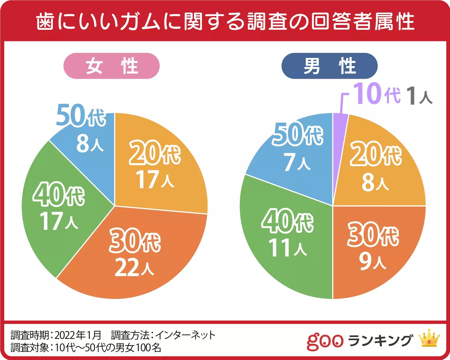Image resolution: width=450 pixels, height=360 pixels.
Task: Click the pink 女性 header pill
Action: click(x=111, y=66)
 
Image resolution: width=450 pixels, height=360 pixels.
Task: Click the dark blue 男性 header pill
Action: click(x=330, y=66)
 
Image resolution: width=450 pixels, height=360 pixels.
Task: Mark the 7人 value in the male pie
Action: click(x=297, y=162)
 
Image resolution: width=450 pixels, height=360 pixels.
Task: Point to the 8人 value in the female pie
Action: click(x=90, y=143)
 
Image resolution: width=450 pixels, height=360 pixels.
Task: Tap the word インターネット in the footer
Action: click(x=185, y=335)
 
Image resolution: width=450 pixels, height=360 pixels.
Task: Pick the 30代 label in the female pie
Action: click(x=135, y=240)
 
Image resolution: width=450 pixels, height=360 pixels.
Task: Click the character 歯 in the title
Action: click(x=45, y=21)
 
